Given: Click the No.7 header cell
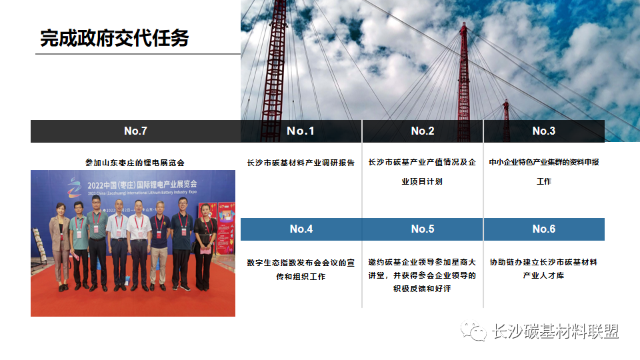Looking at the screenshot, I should click(x=135, y=131).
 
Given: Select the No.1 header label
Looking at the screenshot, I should click(x=301, y=131).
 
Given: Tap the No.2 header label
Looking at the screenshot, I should click(x=423, y=131).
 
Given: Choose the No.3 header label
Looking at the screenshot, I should click(x=544, y=131).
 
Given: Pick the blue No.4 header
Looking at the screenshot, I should click(x=301, y=229).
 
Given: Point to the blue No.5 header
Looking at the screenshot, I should click(x=423, y=229).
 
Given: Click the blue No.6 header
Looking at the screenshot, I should click(x=544, y=229).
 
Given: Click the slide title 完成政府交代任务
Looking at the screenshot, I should click(x=114, y=38).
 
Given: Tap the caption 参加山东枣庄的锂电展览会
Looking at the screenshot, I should click(x=135, y=162).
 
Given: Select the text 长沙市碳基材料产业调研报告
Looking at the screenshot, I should click(x=301, y=162).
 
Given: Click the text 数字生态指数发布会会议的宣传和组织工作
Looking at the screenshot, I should click(x=301, y=269).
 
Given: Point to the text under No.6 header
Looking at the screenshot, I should click(x=544, y=268).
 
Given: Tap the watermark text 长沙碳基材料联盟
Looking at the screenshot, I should click(x=555, y=331).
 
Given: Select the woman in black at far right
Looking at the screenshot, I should click(x=203, y=247).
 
